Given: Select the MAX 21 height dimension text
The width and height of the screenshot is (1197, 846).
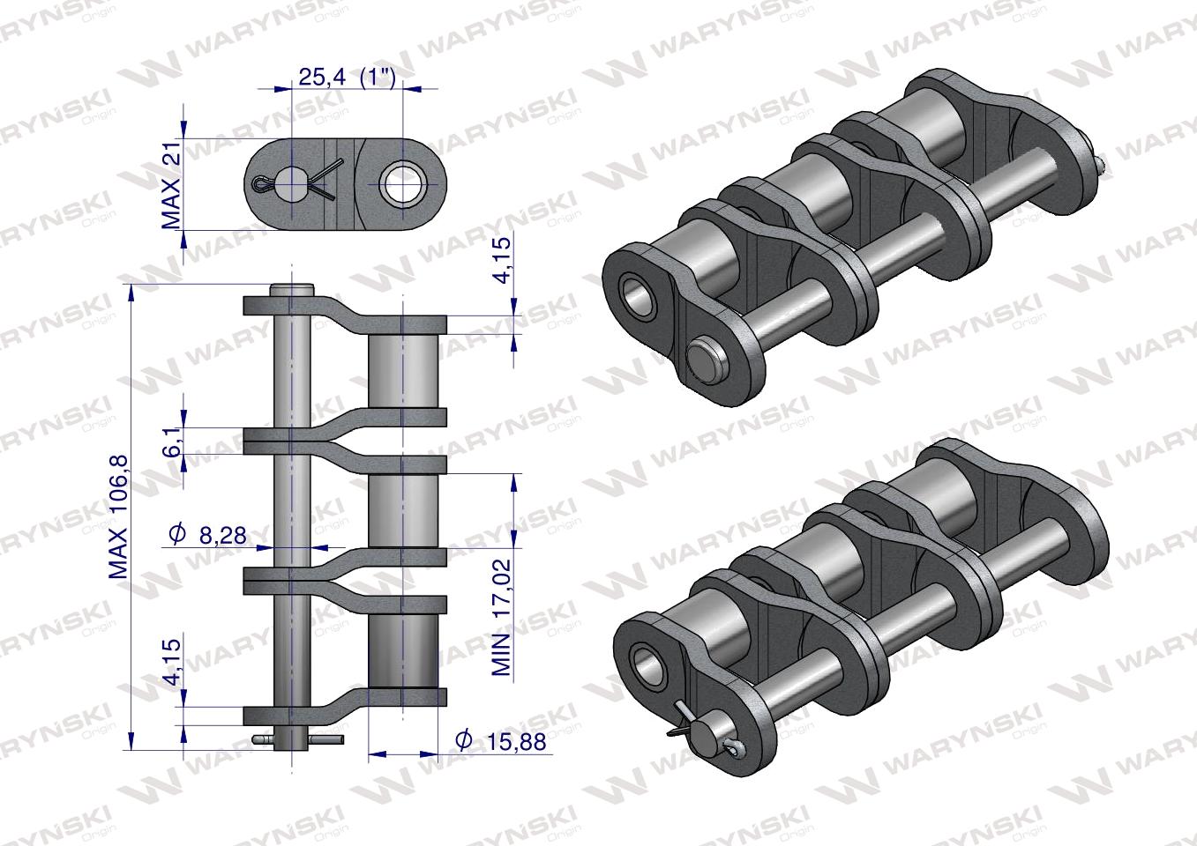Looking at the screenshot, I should point(171,185).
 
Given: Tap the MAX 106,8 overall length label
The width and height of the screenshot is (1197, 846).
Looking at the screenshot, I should point(119,516).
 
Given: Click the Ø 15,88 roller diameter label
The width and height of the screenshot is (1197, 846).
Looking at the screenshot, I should point(501,741).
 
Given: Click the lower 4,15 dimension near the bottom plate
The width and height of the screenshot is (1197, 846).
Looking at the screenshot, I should point(172,661).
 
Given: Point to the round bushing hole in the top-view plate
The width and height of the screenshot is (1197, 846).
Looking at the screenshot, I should point(401,186).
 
